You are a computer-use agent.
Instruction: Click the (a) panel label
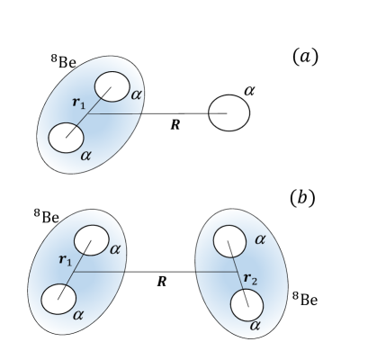[302, 58]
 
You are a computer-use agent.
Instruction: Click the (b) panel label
[302, 197]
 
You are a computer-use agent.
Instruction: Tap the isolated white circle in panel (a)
[229, 113]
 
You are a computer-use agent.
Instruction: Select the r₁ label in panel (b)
[64, 259]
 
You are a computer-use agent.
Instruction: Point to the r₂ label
[254, 274]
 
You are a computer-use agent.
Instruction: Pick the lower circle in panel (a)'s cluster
[66, 139]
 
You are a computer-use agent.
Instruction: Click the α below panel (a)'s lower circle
[85, 156]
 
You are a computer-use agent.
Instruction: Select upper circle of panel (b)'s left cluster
[93, 240]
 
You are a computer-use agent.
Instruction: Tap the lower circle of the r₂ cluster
[247, 304]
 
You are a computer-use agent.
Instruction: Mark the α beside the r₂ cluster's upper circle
[260, 239]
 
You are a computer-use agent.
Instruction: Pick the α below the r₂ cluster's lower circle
[256, 322]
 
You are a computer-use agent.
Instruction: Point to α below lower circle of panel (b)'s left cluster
[78, 315]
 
